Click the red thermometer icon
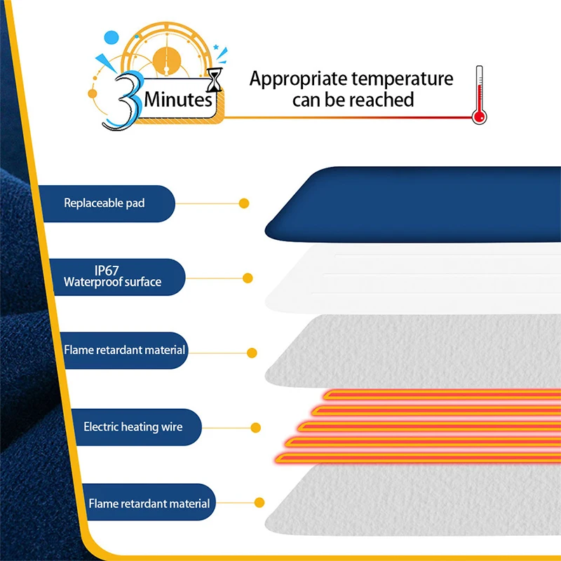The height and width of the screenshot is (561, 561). [479, 95]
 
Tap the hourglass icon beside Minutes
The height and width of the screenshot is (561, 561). [215, 80]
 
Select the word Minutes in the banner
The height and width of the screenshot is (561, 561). [178, 100]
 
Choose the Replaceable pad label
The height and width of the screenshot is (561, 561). [104, 203]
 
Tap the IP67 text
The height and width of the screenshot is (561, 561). [107, 270]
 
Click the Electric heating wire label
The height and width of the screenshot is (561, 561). [133, 427]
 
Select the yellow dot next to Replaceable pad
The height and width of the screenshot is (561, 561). [244, 203]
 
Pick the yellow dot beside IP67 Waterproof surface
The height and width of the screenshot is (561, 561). [248, 278]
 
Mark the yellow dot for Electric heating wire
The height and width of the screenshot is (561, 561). [255, 428]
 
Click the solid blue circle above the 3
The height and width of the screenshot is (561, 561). [111, 38]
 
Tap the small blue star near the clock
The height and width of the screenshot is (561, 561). [216, 47]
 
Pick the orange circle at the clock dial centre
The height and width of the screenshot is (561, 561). [167, 62]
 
